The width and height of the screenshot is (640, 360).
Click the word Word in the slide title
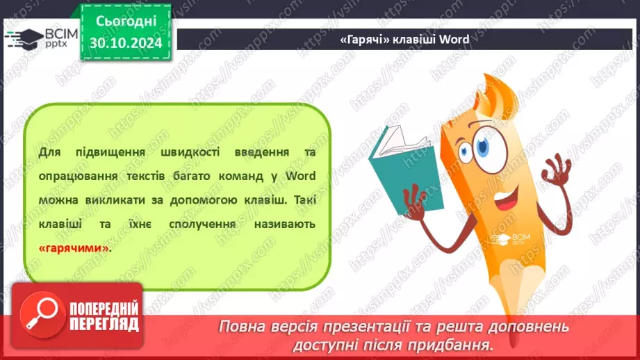coord(454,40)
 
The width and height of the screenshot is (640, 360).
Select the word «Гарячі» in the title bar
coord(365,40)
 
